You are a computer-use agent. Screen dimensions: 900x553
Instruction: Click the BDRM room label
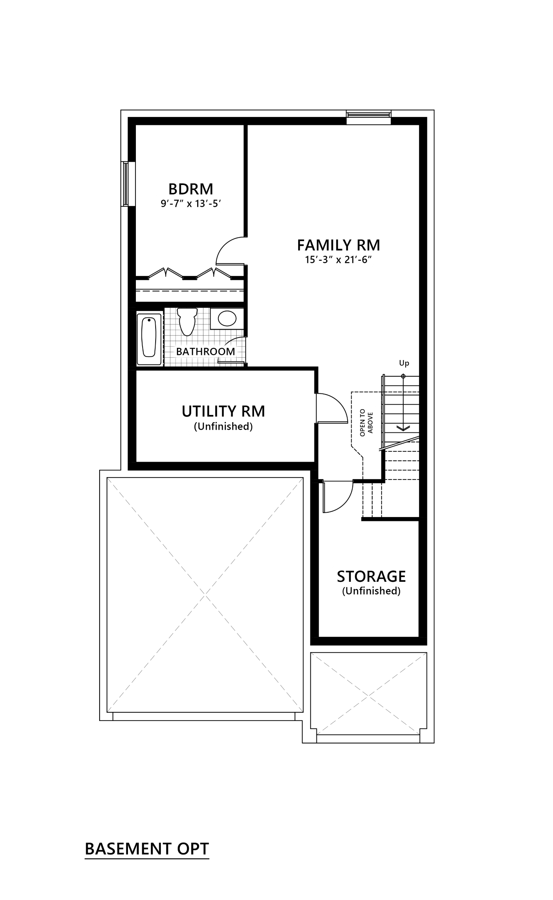point(191,188)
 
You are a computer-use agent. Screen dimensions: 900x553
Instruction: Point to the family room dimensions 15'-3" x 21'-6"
point(339,260)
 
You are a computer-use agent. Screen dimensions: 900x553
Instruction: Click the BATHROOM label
point(205,351)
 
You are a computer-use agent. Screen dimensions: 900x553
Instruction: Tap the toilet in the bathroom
point(186,321)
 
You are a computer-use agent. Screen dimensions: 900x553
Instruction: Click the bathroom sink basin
point(226,318)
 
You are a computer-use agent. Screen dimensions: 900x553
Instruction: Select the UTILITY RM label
point(223,411)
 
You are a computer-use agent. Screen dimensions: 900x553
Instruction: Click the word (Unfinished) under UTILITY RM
point(223,426)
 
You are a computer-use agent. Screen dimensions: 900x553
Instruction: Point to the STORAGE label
point(371,577)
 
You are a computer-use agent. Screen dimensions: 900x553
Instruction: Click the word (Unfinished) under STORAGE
point(371,591)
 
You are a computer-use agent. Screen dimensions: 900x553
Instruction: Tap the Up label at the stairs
point(404,363)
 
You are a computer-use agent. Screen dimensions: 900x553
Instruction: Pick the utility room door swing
point(332,408)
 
